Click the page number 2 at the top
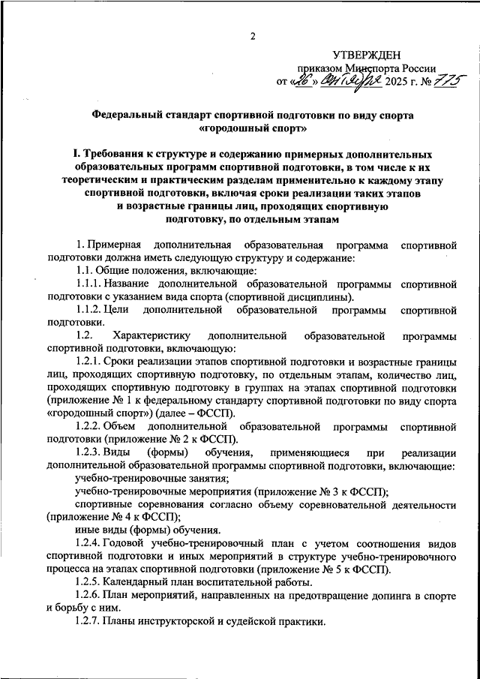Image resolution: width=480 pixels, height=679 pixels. pyautogui.click(x=253, y=36)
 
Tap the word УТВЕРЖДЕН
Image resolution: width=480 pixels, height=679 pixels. pyautogui.click(x=367, y=55)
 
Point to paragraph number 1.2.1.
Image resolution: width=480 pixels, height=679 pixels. pyautogui.click(x=90, y=361)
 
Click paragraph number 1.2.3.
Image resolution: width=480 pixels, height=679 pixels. pyautogui.click(x=90, y=452)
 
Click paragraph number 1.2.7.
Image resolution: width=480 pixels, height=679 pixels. pyautogui.click(x=90, y=621)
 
